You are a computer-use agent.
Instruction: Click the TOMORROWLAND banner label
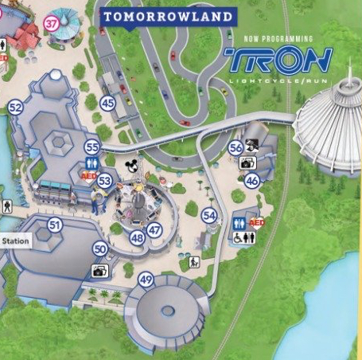(169, 16)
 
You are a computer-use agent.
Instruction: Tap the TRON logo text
(278, 58)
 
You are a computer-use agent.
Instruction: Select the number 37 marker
(53, 24)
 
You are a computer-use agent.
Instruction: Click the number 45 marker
(107, 103)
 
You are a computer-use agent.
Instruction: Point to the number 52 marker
(15, 107)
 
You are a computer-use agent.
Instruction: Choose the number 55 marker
(92, 147)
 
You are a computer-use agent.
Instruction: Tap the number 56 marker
(235, 147)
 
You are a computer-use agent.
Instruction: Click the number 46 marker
(251, 181)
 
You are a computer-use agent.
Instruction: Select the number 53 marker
(104, 181)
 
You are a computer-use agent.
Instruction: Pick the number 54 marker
(209, 215)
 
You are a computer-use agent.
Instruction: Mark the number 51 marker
(54, 225)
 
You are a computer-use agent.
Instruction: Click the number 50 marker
(99, 249)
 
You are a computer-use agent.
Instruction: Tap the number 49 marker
(145, 280)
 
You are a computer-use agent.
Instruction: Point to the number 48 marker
(138, 237)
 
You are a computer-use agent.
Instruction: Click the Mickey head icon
(132, 166)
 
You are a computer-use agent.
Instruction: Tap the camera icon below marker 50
(99, 271)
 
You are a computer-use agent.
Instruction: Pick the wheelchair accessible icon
(238, 237)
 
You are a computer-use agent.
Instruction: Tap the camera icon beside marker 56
(247, 163)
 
